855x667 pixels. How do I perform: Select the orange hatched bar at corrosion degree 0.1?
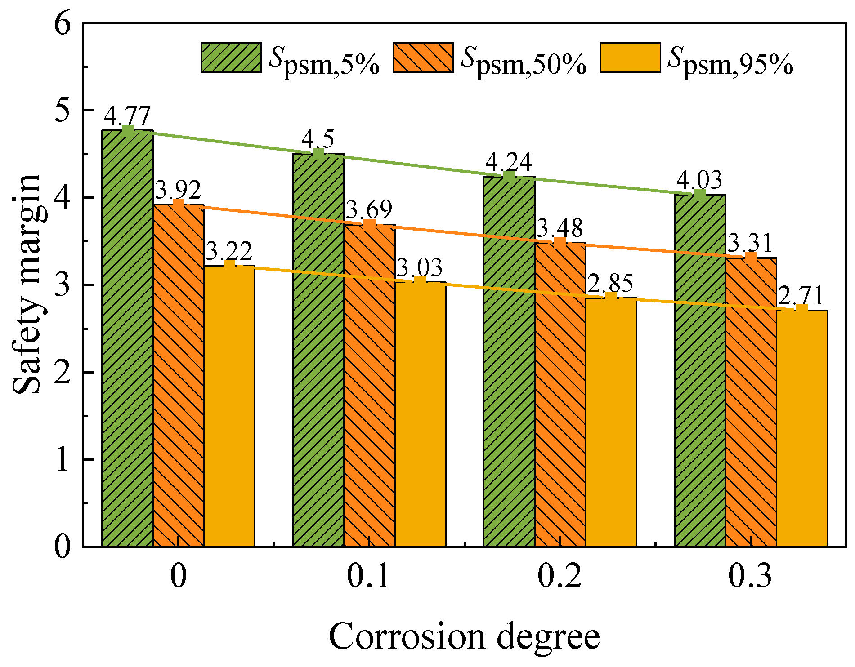point(369,387)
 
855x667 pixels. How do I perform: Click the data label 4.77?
point(127,116)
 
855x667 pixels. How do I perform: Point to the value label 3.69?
point(369,209)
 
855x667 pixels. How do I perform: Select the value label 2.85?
point(610,284)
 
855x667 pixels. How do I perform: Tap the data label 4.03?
point(699,180)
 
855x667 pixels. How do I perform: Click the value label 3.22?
point(229,251)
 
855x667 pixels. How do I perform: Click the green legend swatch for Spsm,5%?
point(231,58)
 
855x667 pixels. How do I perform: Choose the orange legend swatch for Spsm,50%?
point(423,58)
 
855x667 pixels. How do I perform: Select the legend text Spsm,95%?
point(730,61)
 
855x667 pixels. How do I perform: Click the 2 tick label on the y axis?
point(63,372)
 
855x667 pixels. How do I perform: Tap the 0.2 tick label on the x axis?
point(560,577)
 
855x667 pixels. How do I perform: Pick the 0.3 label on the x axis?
point(750,577)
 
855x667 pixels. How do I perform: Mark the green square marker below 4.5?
point(318,154)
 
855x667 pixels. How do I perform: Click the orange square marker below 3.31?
point(751,258)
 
